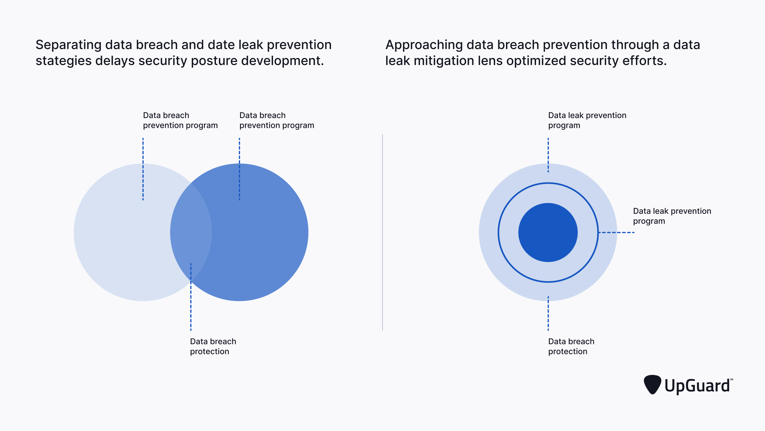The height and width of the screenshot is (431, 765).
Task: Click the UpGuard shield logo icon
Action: (652, 384)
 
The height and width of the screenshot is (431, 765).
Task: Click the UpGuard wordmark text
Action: (697, 386)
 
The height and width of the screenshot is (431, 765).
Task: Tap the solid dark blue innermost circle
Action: (548, 232)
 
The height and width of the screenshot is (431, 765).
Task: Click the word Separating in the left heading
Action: (68, 45)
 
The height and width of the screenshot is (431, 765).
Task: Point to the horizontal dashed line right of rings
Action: (617, 232)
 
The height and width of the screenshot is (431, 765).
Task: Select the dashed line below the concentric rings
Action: (548, 313)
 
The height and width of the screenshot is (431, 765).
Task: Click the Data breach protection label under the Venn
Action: (213, 346)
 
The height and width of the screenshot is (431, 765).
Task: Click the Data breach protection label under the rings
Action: (571, 346)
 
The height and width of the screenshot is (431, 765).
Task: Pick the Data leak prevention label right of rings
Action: (672, 216)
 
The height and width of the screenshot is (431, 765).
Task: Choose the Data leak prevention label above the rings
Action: (587, 120)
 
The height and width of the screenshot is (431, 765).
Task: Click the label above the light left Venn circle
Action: (180, 120)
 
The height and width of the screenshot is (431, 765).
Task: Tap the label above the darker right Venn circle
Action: (277, 120)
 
